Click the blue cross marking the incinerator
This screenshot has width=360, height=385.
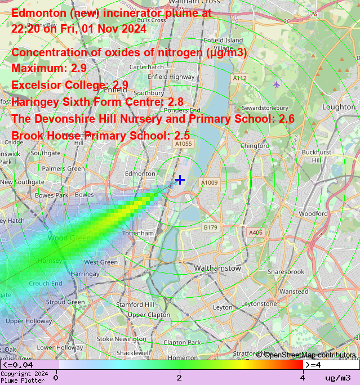pos(180,180)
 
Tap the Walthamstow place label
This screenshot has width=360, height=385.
pos(217,268)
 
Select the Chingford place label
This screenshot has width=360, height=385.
pos(255,146)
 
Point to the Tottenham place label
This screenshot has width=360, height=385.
pos(139,233)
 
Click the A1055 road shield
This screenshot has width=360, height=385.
pos(184,144)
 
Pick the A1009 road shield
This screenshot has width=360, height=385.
pos(210,182)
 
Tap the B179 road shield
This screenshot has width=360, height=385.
pos(210,227)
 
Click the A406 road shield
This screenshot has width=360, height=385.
pos(256,232)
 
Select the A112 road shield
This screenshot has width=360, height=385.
pos(239,78)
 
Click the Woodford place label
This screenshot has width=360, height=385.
pos(313,214)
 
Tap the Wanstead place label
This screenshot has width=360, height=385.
pos(294,292)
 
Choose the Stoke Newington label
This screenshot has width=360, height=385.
pos(121,339)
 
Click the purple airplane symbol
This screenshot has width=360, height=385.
pos(276,84)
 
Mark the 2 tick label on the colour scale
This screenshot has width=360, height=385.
pos(179,378)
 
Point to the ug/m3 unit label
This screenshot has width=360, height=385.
pos(338,378)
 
